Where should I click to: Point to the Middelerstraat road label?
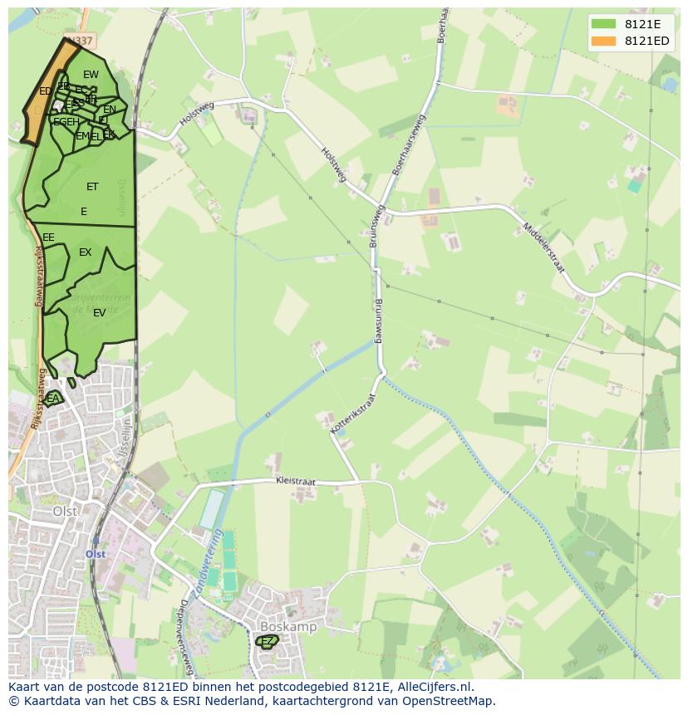pyautogui.click(x=543, y=247)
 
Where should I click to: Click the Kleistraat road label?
pyautogui.click(x=297, y=481)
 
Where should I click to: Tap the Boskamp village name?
pyautogui.click(x=287, y=627)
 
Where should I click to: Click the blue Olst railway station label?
pyautogui.click(x=96, y=554)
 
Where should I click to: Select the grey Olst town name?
pyautogui.click(x=65, y=512)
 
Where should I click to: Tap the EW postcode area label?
pyautogui.click(x=91, y=75)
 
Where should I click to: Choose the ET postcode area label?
pyautogui.click(x=92, y=187)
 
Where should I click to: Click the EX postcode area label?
pyautogui.click(x=85, y=252)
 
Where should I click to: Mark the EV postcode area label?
pyautogui.click(x=99, y=313)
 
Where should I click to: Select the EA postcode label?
pyautogui.click(x=53, y=399)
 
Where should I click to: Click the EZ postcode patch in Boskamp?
pyautogui.click(x=268, y=641)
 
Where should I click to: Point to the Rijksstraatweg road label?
pyautogui.click(x=38, y=275)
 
